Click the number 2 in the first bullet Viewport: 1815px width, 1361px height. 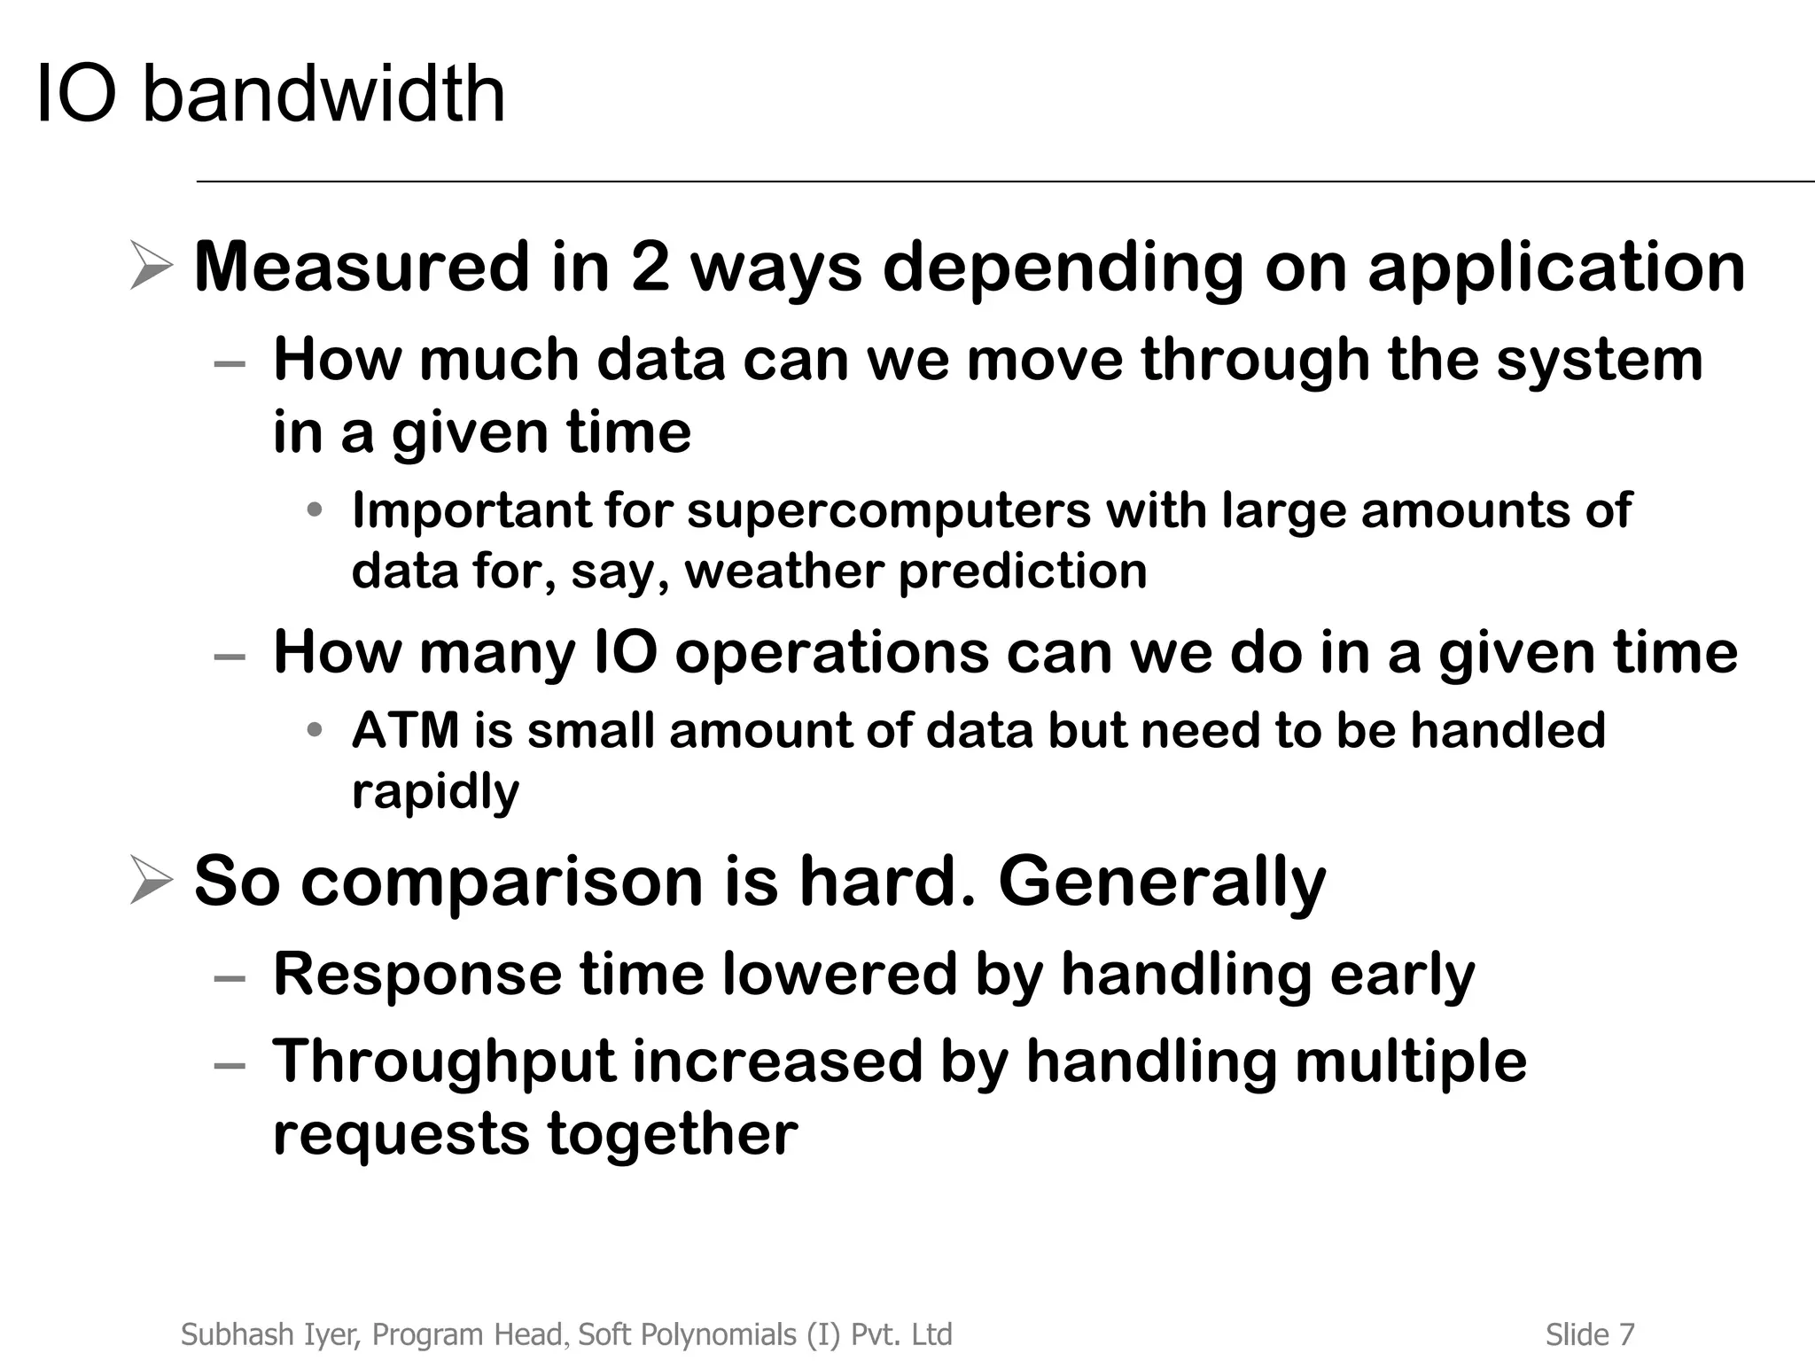click(x=650, y=267)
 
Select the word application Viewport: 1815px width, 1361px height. click(x=1556, y=267)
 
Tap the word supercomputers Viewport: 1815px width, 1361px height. click(x=888, y=511)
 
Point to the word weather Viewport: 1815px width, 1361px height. click(x=783, y=571)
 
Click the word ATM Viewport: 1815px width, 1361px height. click(x=405, y=731)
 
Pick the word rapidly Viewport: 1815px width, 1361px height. click(x=435, y=791)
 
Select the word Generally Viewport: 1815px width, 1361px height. click(x=1162, y=882)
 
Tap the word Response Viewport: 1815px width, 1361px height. click(x=417, y=974)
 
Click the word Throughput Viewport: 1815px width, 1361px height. click(x=444, y=1062)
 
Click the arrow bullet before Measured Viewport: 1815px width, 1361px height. click(x=150, y=266)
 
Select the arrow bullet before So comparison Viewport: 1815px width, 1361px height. click(x=150, y=880)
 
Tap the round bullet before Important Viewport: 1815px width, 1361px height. click(x=314, y=510)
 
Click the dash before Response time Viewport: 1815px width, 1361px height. click(x=230, y=978)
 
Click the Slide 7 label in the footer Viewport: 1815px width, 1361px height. click(x=1590, y=1334)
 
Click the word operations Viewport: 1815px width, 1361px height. click(x=830, y=654)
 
